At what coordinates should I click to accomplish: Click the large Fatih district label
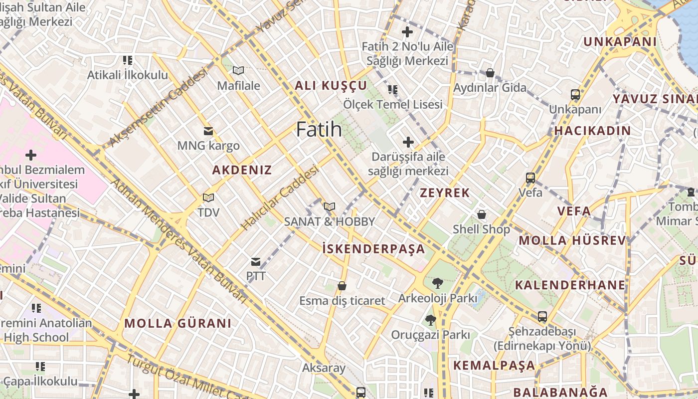click(319, 130)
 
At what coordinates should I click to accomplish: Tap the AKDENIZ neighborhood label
click(242, 170)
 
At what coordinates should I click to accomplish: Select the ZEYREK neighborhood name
click(445, 193)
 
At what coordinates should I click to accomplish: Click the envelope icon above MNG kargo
click(208, 131)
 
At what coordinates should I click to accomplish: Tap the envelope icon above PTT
click(256, 261)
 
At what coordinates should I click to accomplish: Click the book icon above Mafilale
click(238, 71)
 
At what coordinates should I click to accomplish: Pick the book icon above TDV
click(208, 198)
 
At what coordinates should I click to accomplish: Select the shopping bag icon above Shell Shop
click(482, 214)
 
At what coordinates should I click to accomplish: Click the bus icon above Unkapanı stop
click(575, 94)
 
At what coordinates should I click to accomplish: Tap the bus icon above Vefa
click(530, 178)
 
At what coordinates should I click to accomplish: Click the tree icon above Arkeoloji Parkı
click(437, 283)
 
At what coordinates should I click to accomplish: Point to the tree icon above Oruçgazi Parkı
click(430, 320)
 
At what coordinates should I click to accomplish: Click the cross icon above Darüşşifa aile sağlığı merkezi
click(408, 142)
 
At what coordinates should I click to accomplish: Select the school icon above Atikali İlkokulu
click(128, 60)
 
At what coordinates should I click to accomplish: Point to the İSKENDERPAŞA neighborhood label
click(373, 249)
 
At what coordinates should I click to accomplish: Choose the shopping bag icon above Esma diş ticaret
click(342, 286)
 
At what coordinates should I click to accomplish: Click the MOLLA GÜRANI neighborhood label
click(178, 323)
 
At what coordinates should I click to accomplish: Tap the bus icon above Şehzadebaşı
click(542, 317)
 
